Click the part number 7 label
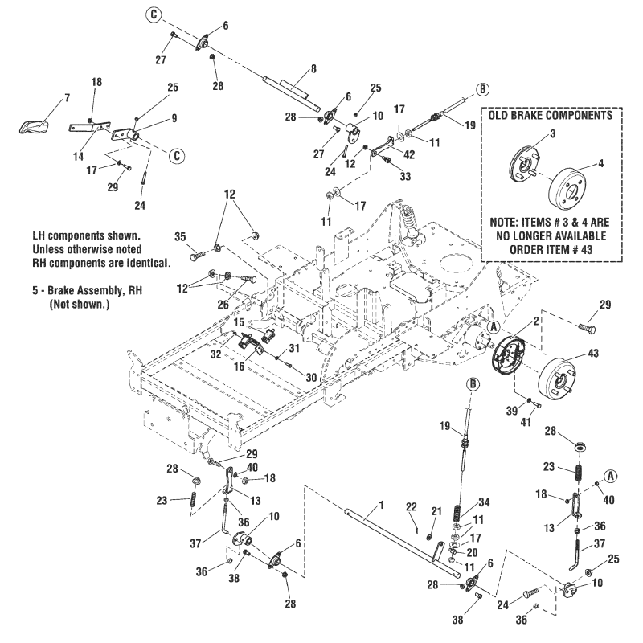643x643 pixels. pos(67,97)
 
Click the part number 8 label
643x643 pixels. pos(313,69)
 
